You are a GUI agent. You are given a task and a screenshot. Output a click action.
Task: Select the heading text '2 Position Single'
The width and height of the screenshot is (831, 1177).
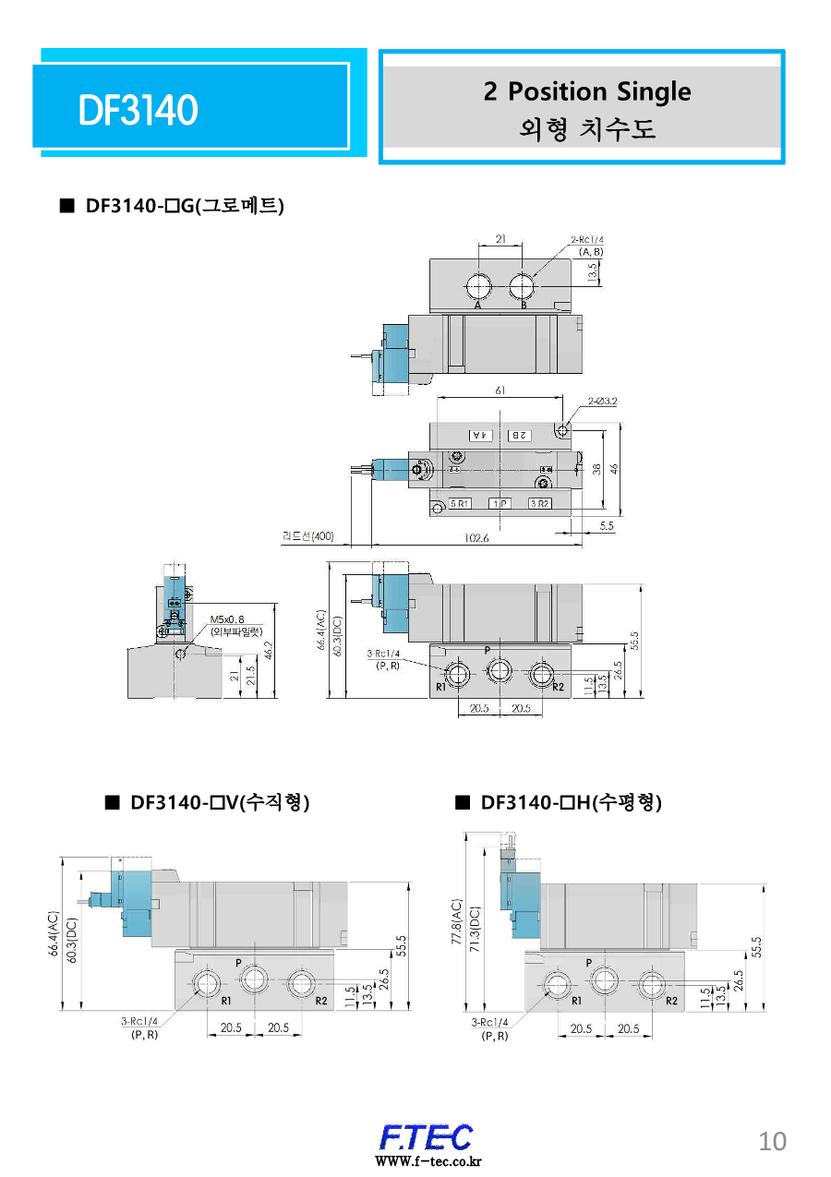tap(586, 91)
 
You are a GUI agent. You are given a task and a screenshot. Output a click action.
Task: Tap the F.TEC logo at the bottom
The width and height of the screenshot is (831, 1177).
tap(426, 1138)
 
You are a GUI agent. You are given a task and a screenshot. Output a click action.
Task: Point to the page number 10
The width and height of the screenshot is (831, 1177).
tap(772, 1142)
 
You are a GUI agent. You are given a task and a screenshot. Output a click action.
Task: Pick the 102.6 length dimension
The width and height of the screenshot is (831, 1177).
tap(476, 538)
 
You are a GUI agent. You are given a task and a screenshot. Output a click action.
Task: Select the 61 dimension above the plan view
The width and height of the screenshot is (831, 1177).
tap(500, 390)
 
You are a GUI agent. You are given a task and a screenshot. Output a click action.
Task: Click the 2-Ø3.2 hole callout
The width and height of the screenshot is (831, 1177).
tap(601, 402)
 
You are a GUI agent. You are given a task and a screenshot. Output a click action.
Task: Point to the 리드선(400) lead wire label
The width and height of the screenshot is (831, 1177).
tap(308, 535)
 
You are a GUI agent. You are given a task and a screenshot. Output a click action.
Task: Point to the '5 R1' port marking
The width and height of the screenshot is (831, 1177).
tap(460, 504)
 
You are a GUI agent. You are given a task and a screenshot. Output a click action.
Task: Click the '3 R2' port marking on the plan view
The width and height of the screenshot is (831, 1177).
tap(539, 504)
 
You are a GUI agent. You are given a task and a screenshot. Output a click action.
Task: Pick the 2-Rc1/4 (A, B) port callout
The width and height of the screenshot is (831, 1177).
tap(587, 245)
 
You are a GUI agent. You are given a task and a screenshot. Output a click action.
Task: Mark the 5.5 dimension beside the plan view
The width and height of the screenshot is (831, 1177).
tap(607, 525)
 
